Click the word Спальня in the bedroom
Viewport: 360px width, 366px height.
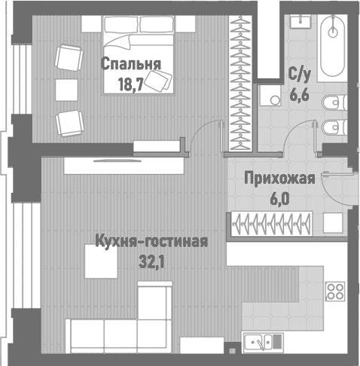tap(130, 65)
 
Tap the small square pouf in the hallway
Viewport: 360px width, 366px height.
tap(333, 224)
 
